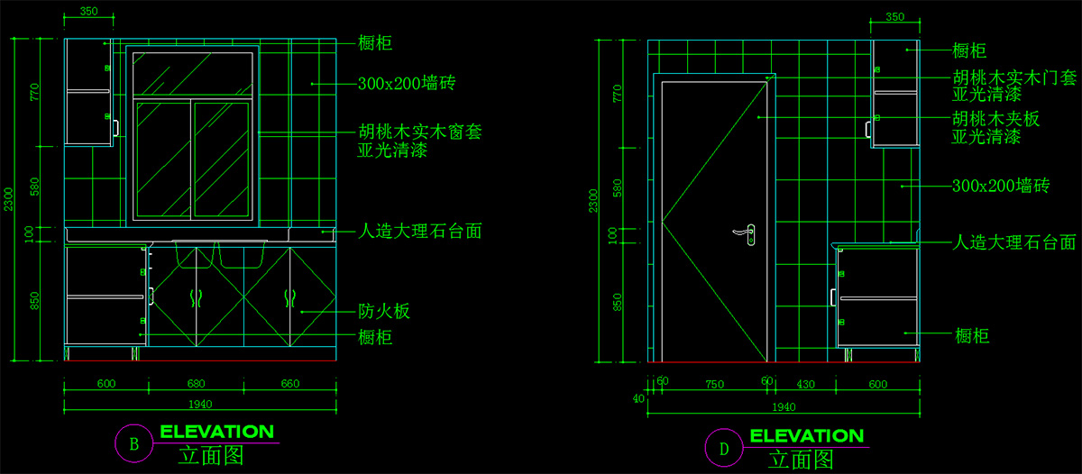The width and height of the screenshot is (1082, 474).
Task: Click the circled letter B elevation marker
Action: click(x=134, y=443)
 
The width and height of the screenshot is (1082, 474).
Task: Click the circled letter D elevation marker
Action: click(x=724, y=448)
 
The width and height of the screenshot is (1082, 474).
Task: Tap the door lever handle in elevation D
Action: click(x=745, y=234)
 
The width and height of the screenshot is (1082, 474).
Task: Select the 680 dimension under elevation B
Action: click(x=197, y=384)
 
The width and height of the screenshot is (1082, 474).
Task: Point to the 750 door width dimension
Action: click(x=714, y=385)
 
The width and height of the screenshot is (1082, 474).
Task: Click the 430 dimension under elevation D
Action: click(x=805, y=385)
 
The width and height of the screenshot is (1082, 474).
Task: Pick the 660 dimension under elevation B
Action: click(x=290, y=384)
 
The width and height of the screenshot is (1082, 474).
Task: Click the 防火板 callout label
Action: click(x=384, y=311)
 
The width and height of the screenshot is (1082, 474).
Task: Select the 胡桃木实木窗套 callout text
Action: click(x=420, y=132)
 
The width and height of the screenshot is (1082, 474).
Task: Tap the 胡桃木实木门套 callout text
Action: click(x=1014, y=77)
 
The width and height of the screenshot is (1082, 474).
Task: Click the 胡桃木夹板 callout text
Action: click(x=995, y=119)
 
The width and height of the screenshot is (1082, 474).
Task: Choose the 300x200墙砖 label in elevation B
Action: click(x=407, y=83)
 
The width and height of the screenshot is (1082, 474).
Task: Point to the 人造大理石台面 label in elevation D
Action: click(x=1013, y=242)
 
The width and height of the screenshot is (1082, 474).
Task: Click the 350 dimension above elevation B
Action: click(x=89, y=11)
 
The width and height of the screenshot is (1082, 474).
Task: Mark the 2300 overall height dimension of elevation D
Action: click(x=593, y=201)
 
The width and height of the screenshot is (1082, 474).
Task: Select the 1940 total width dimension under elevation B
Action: click(x=200, y=405)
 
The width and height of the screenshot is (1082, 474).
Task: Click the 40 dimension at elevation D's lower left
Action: click(x=638, y=398)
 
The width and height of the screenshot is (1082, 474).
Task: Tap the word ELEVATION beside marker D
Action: click(x=807, y=436)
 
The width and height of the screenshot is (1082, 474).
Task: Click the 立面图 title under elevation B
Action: click(x=211, y=456)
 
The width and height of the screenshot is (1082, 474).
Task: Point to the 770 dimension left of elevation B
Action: click(x=34, y=92)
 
